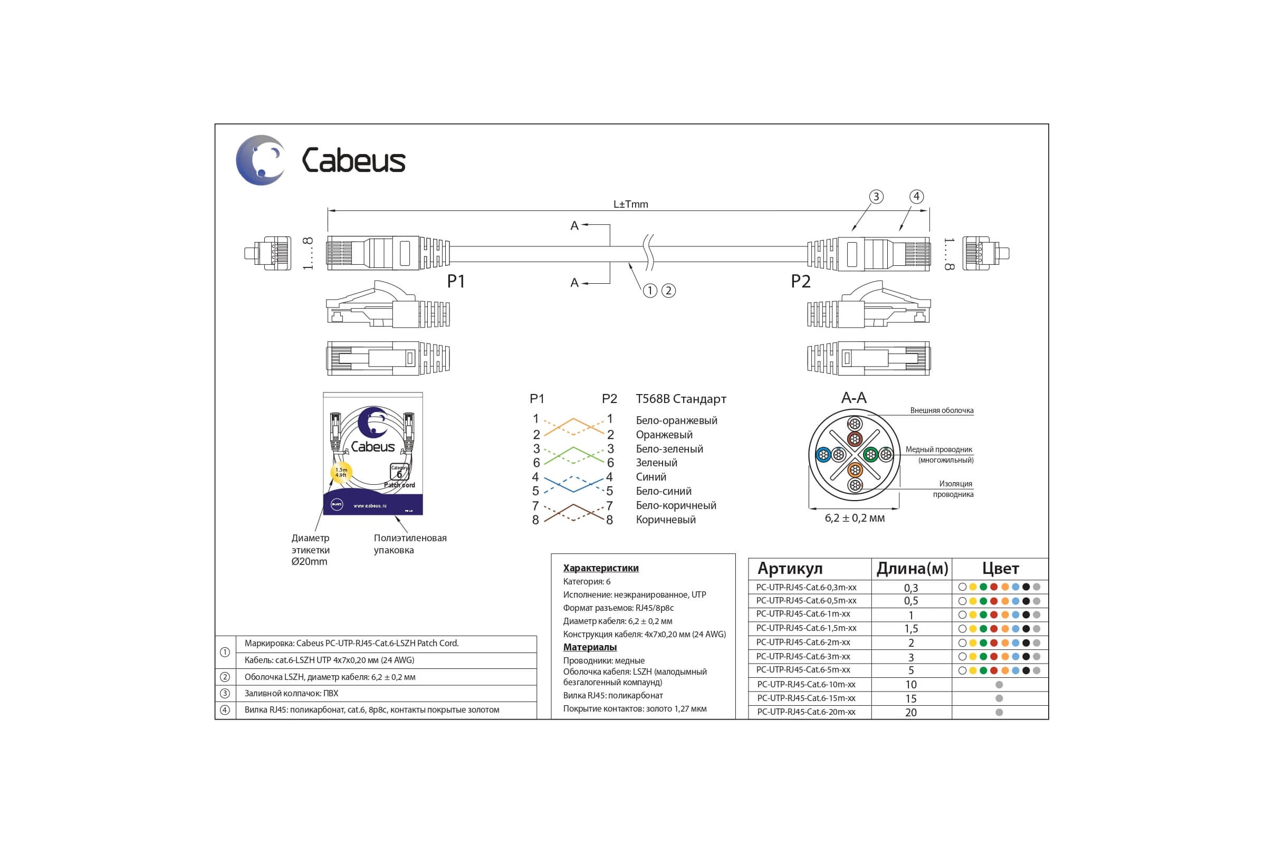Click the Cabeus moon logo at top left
(261, 160)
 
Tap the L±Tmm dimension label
(630, 204)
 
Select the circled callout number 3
(876, 196)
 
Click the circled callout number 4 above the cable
(916, 196)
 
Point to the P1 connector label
(456, 281)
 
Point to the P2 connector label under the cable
(800, 281)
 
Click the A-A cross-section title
(853, 398)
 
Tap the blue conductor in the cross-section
(823, 455)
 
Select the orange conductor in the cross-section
(855, 469)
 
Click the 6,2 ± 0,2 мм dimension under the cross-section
(855, 518)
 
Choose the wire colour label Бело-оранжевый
(676, 420)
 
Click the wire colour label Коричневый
(665, 520)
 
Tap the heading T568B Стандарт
(681, 399)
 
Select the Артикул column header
(790, 569)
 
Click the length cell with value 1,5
(911, 629)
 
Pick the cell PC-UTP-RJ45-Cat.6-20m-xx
(806, 712)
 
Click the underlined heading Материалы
(589, 647)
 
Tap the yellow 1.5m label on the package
(341, 473)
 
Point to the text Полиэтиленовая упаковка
(410, 544)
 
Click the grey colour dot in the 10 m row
(999, 685)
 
